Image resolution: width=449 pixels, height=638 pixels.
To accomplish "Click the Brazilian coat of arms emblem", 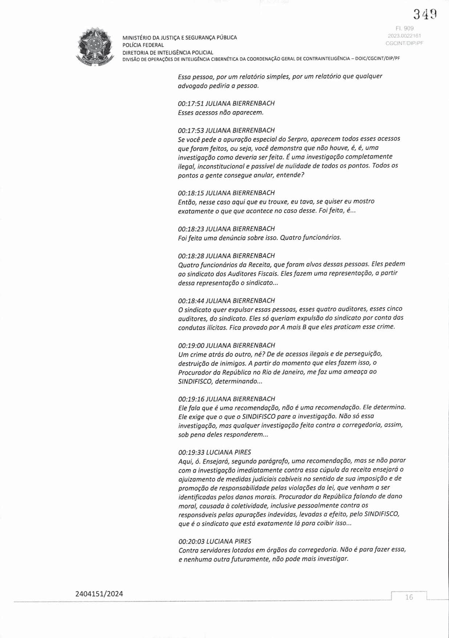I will (x=95, y=46).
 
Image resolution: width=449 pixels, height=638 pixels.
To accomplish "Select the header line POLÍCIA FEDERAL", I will (x=143, y=45).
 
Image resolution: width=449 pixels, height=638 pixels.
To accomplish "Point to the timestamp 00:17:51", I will (x=191, y=104).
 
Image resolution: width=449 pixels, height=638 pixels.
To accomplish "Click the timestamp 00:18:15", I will (x=191, y=193).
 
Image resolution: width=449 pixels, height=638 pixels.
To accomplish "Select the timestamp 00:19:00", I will (x=191, y=346).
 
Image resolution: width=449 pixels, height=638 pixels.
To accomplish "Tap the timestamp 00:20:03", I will (x=191, y=541).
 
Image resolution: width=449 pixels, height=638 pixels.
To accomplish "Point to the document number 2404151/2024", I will (x=99, y=594).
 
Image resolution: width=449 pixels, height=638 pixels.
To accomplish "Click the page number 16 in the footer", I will (x=409, y=597).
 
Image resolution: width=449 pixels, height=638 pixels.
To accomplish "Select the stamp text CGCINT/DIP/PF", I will (x=405, y=43).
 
